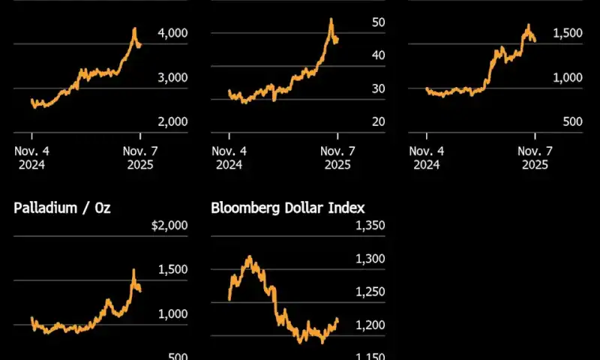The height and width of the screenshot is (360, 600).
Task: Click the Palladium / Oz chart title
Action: coord(61,208)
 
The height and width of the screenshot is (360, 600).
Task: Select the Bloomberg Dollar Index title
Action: coord(288,208)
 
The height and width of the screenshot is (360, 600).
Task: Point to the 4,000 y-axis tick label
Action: coord(173,33)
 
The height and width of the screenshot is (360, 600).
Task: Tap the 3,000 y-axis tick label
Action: coord(173,77)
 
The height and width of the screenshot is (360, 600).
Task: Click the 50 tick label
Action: coord(378,22)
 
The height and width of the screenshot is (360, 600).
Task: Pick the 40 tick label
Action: coord(378,55)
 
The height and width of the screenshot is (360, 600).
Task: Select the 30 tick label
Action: coord(378,88)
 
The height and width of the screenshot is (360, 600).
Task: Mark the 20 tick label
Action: coord(378,121)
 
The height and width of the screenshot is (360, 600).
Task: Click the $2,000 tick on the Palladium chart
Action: coord(170,226)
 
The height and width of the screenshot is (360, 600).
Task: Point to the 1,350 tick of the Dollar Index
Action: coord(370,226)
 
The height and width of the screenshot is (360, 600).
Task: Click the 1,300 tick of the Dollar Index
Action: coord(370,259)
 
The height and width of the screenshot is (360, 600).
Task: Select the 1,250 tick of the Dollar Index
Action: coord(370,292)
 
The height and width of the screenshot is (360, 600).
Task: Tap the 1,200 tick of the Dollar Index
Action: coord(370,325)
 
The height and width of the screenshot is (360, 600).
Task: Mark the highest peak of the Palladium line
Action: coord(133,270)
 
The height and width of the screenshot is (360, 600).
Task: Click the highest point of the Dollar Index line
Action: coord(249,256)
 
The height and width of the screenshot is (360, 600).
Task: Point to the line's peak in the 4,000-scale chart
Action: coord(134,28)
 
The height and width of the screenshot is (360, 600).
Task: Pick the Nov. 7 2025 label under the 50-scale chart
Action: coord(337,157)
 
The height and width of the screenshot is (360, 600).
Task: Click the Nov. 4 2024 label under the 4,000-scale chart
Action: coord(31,157)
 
